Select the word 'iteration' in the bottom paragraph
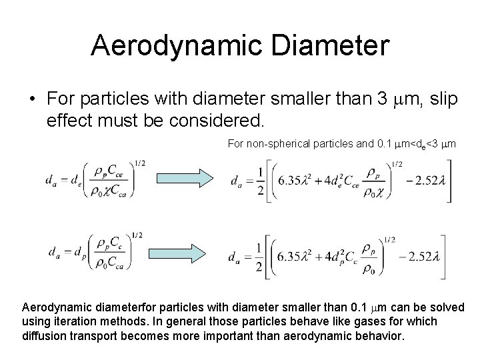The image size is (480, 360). [x=70, y=322]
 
